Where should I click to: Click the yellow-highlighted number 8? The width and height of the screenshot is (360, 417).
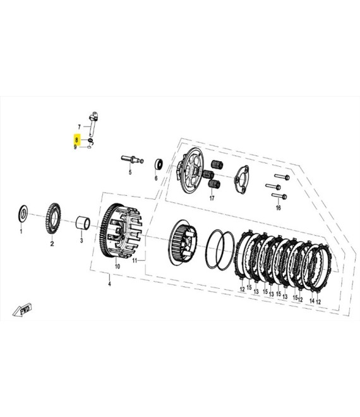tap(76, 140)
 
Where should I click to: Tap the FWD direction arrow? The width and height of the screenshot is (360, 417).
tap(23, 310)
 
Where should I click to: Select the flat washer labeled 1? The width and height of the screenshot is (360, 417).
tap(23, 214)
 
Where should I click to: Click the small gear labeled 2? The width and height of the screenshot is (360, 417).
tap(52, 218)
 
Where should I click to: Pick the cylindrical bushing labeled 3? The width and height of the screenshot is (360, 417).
tap(83, 222)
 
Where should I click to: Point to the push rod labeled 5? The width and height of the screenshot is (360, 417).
tap(132, 160)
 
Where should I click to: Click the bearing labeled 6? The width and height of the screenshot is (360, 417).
tap(159, 164)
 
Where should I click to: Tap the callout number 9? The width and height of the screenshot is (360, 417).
tap(75, 147)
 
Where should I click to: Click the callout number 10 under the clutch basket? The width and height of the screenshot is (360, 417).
tap(117, 266)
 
